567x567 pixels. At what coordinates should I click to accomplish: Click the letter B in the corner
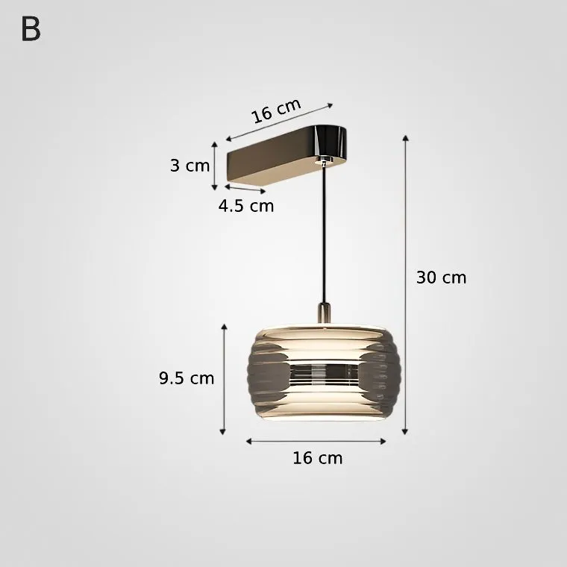[x=31, y=29]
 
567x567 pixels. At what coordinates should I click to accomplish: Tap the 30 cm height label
[x=441, y=278]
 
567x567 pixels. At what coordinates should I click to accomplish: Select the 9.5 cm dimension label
[x=187, y=378]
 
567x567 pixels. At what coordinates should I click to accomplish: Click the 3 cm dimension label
[x=189, y=166]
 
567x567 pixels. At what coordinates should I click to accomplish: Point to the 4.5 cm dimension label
[x=246, y=206]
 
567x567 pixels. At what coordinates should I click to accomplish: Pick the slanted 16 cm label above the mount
[x=276, y=110]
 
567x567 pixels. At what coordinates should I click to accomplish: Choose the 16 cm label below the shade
[x=318, y=458]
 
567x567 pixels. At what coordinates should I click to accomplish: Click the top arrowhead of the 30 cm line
[x=406, y=138]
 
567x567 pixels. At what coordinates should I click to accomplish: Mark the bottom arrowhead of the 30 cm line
[x=405, y=432]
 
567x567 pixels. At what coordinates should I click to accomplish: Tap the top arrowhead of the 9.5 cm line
[x=225, y=327]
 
